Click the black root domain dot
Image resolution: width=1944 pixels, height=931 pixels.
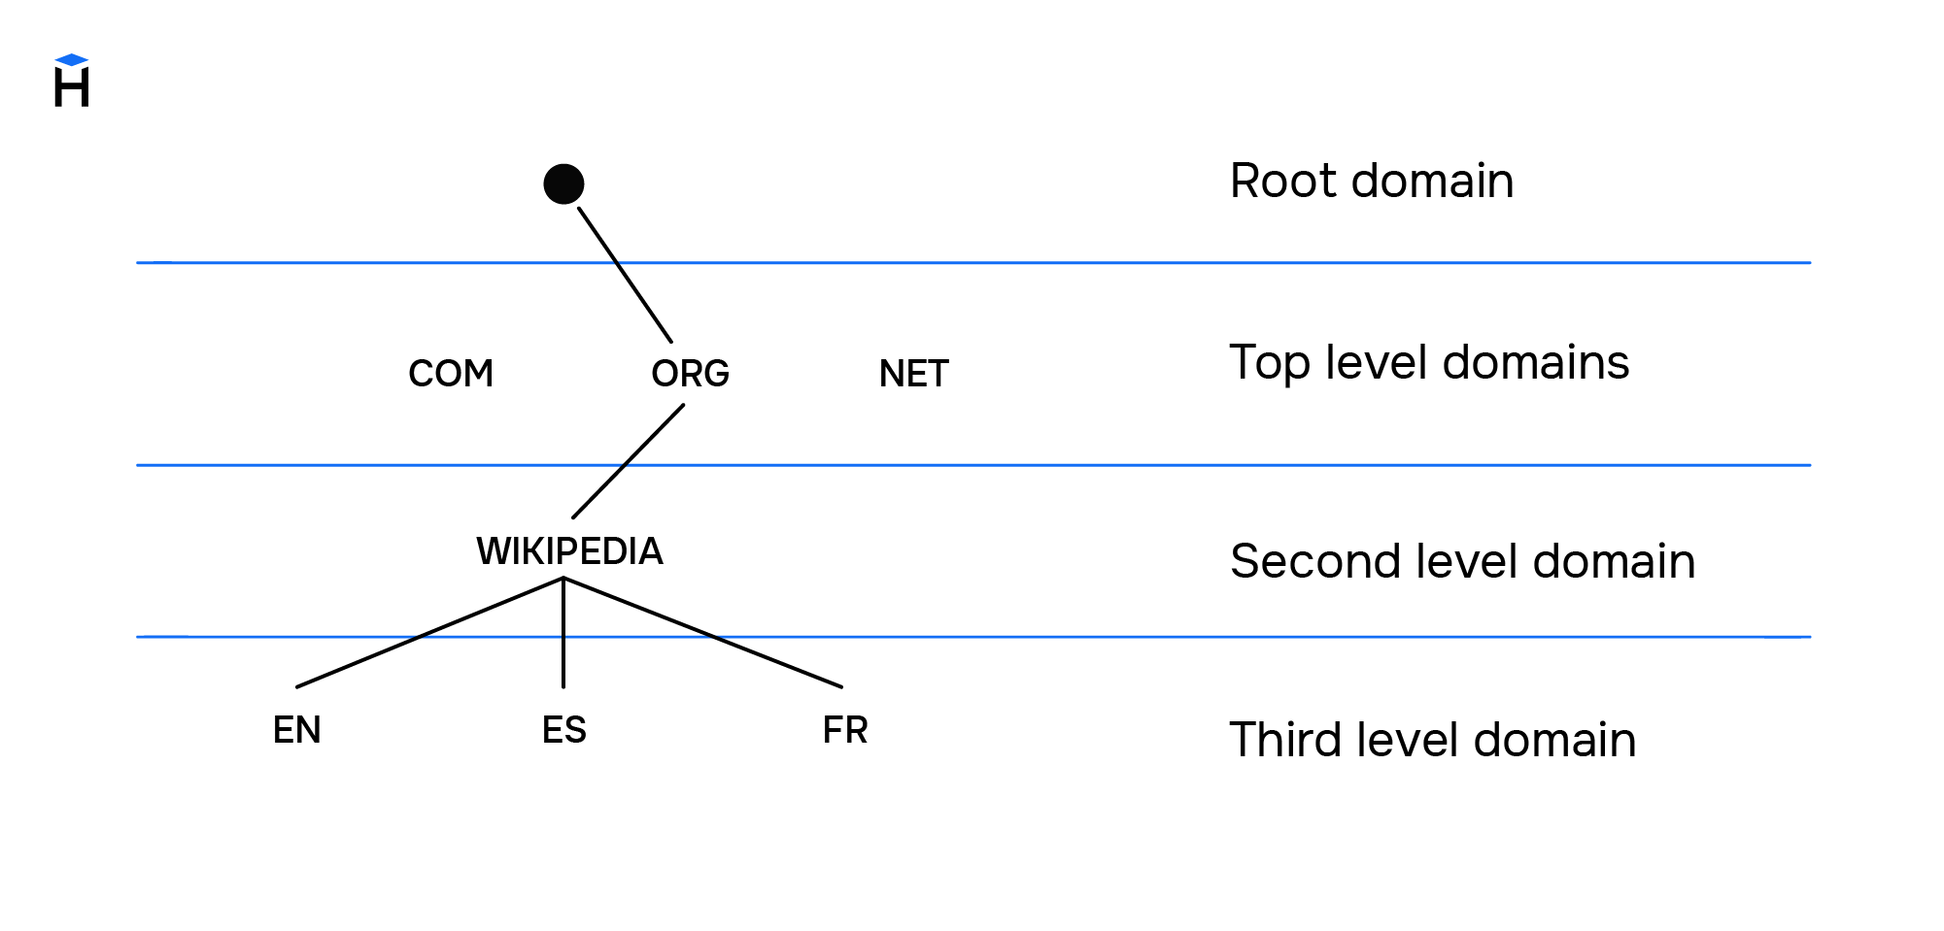coord(563,184)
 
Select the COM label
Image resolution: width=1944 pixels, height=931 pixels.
coord(451,374)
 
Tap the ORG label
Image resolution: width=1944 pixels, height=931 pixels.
coord(690,374)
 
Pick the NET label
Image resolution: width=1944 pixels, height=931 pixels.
coord(913,374)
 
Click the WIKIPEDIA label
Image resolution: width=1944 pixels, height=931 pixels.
coord(569,551)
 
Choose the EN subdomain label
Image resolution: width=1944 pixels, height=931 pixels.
coord(296,730)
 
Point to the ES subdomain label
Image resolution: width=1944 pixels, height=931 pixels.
coord(563,730)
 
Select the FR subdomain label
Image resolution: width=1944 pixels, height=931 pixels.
coord(844,730)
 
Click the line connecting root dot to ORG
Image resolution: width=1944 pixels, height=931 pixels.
coord(625,275)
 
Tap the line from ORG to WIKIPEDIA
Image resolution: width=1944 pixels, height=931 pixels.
coord(629,461)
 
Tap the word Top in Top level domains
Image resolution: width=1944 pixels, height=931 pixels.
coord(1270,364)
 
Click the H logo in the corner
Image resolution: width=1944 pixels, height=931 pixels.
coord(72,85)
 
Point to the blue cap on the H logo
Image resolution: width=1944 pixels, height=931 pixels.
coord(72,60)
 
